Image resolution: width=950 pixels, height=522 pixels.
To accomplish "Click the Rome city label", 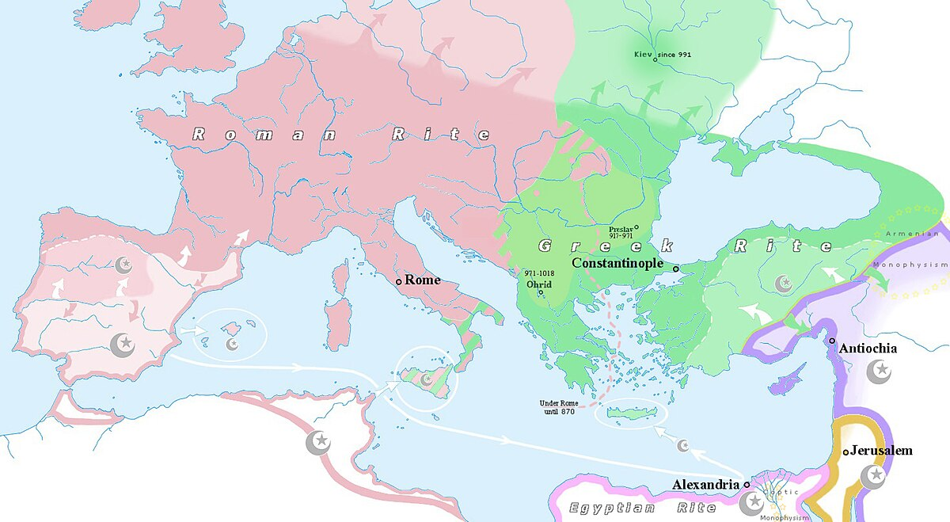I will (x=422, y=280).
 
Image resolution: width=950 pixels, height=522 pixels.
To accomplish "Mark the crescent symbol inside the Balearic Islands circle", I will (x=233, y=344).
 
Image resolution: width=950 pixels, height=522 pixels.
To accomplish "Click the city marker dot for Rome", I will (x=398, y=281).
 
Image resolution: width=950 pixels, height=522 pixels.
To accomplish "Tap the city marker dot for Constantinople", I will (x=675, y=269).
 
